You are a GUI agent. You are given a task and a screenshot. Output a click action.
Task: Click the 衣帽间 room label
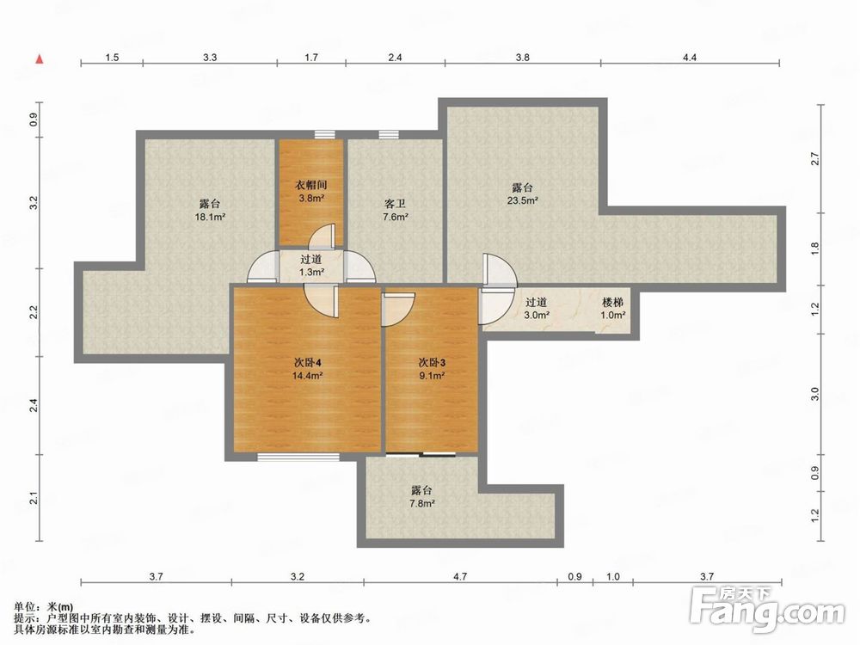click(312, 185)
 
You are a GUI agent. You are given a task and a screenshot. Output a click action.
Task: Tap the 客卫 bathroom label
click(395, 204)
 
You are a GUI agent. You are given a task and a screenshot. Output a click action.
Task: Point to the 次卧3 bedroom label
click(433, 363)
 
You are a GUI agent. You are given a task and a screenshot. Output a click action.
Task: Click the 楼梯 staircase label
click(612, 302)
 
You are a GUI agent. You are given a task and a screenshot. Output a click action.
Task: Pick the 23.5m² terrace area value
click(522, 200)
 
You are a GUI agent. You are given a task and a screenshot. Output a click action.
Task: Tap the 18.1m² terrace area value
click(211, 218)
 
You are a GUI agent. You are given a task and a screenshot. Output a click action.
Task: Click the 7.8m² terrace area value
click(421, 503)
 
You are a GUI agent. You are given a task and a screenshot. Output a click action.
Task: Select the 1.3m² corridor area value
click(311, 272)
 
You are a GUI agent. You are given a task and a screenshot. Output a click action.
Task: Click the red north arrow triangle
click(39, 58)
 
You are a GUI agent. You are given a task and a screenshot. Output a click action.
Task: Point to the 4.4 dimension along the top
click(690, 57)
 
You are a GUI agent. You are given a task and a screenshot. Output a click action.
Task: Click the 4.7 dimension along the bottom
click(460, 576)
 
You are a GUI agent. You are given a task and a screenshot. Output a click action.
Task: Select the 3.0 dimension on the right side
click(815, 394)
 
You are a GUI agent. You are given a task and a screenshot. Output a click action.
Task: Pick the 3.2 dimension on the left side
click(34, 202)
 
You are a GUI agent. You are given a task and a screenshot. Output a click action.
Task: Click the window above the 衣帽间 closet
click(325, 134)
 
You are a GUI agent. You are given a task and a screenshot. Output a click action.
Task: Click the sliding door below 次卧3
click(421, 454)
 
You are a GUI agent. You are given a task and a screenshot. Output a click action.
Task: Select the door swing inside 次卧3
click(399, 309)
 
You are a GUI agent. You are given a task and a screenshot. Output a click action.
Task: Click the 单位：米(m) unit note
click(44, 607)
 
